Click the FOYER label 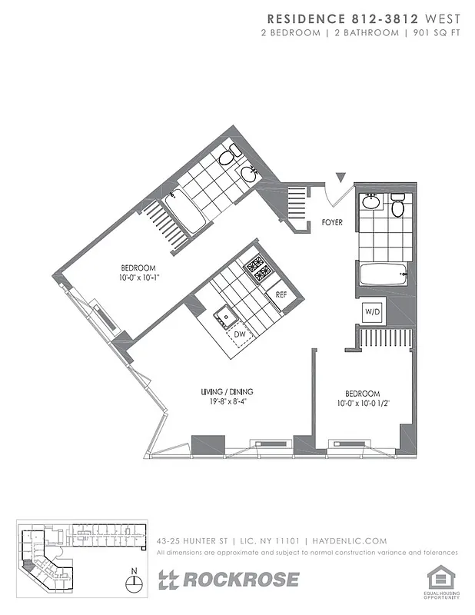[x=333, y=224]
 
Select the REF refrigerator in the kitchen [x=281, y=294]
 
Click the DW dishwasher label [x=240, y=334]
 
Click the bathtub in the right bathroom [x=382, y=274]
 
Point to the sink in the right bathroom [x=371, y=202]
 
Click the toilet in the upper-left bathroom [x=225, y=159]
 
